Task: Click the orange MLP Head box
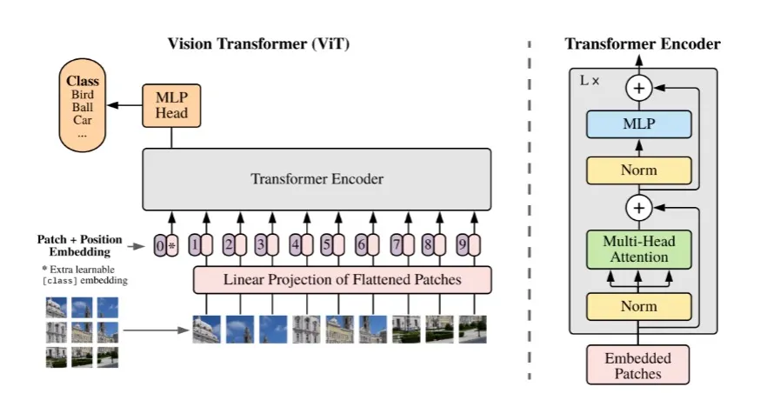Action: click(170, 103)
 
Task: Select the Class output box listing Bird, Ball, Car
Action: click(83, 106)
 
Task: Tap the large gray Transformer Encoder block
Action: click(317, 180)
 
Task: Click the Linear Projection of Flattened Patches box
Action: click(342, 279)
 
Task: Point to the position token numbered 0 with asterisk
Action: click(165, 246)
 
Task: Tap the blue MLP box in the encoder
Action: click(638, 124)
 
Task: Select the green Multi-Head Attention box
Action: click(638, 249)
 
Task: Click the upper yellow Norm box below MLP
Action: click(638, 170)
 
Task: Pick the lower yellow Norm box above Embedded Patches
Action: click(638, 306)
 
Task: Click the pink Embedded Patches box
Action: click(638, 365)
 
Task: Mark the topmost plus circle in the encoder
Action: click(639, 87)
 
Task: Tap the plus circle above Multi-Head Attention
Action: click(639, 209)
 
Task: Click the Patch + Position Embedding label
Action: click(80, 245)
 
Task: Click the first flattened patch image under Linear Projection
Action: click(206, 330)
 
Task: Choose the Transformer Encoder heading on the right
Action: click(643, 43)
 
